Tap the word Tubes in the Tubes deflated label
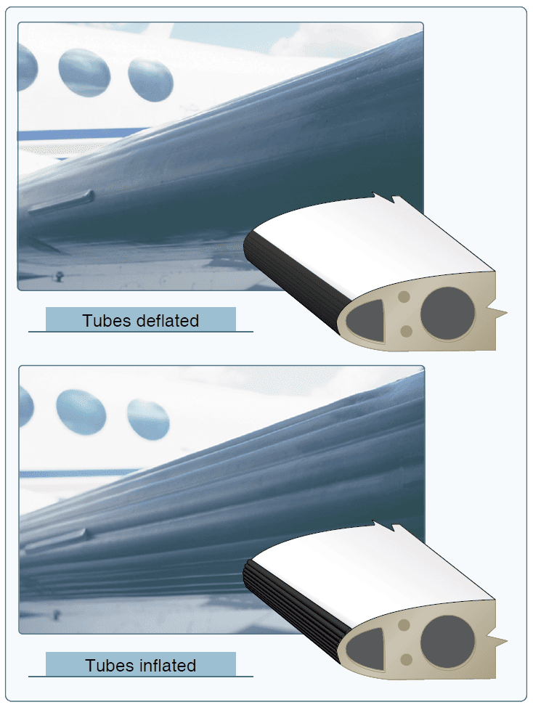[x=107, y=321]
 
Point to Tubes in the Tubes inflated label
[x=110, y=666]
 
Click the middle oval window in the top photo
[x=84, y=73]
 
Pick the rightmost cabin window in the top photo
[x=150, y=80]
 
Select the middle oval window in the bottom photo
[x=81, y=412]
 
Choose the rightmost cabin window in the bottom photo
[x=148, y=420]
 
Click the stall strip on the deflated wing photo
[x=62, y=202]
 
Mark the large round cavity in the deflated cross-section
[x=447, y=314]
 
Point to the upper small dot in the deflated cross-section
[x=404, y=298]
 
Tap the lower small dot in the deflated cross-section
[x=406, y=331]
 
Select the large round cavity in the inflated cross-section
[x=447, y=642]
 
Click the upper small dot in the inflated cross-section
[x=404, y=626]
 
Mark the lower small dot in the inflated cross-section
[x=406, y=659]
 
